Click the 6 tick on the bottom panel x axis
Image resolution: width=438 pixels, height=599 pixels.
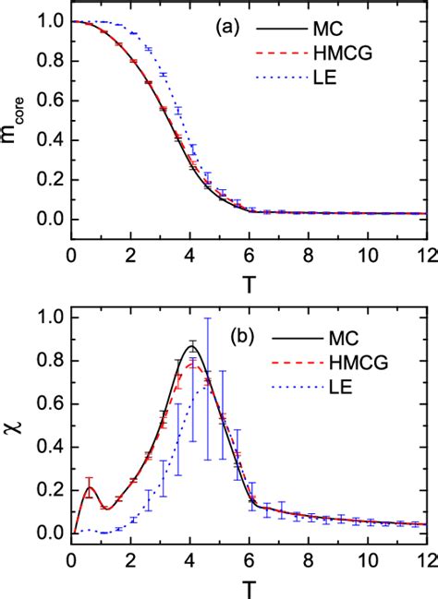tap(247, 557)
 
